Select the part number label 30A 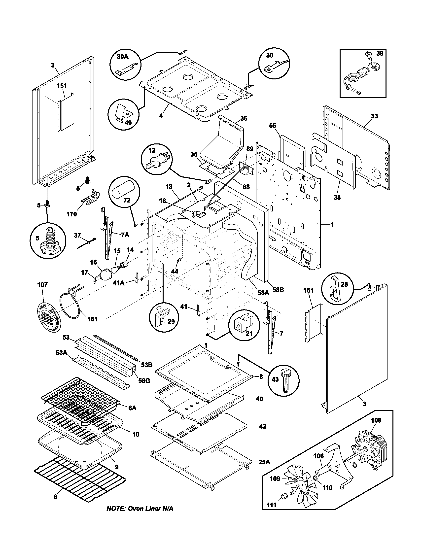122,57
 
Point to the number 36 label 244,118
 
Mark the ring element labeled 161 71,307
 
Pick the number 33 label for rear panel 374,116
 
